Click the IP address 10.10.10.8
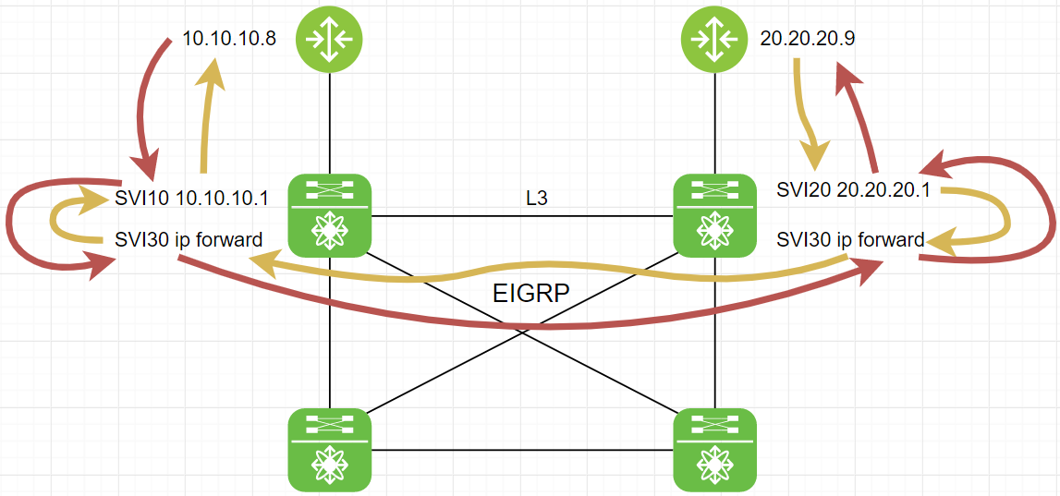pyautogui.click(x=230, y=42)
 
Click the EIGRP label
pyautogui.click(x=530, y=295)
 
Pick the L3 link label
pyautogui.click(x=537, y=198)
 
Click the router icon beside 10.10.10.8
pyautogui.click(x=329, y=39)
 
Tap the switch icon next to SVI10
pyautogui.click(x=330, y=216)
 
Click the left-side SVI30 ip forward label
pyautogui.click(x=189, y=240)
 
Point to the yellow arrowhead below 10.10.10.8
pyautogui.click(x=214, y=72)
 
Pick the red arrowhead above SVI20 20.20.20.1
pyautogui.click(x=936, y=166)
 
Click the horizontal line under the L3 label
pyautogui.click(x=522, y=216)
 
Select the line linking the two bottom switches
pyautogui.click(x=522, y=450)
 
